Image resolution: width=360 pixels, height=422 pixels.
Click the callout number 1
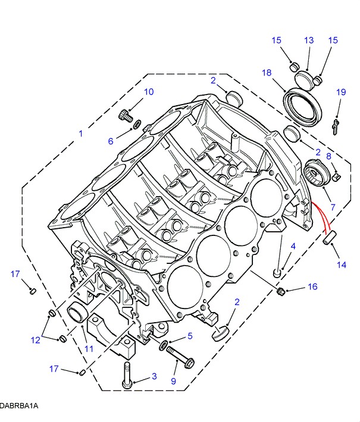(x=81, y=134)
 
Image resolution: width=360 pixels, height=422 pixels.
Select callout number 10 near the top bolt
(x=148, y=92)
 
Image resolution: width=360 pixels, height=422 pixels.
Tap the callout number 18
(x=266, y=73)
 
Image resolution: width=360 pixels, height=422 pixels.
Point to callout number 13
(x=309, y=40)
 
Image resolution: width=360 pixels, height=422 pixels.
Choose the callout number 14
(x=341, y=265)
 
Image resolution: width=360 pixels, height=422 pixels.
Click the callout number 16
(x=312, y=287)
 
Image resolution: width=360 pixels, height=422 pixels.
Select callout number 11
(x=88, y=349)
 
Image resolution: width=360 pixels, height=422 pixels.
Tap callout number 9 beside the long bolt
(x=174, y=381)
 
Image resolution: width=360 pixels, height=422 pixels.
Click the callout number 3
(x=154, y=376)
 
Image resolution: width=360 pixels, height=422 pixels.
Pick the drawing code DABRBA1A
(x=19, y=405)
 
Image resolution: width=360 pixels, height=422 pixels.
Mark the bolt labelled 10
(x=125, y=114)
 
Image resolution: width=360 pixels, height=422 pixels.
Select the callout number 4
(x=293, y=247)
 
